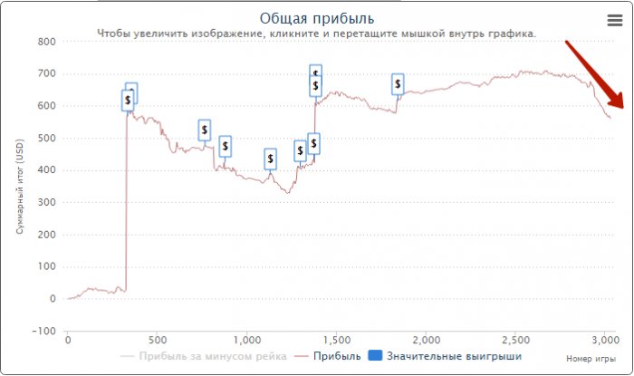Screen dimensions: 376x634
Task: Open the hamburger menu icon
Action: pos(614,20)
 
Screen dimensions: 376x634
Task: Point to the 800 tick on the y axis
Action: pos(45,42)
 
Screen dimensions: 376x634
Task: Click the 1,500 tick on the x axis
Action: pos(336,340)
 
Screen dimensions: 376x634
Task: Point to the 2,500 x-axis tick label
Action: pos(514,340)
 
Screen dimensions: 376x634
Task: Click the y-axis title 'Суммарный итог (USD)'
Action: pos(19,186)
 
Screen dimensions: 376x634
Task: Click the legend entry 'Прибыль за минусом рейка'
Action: pos(213,356)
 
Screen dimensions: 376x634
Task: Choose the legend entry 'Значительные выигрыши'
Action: pos(454,356)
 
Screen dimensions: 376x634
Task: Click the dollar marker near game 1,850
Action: pos(398,84)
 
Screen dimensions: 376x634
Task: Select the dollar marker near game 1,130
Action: pos(270,159)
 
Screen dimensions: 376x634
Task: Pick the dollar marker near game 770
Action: pos(205,130)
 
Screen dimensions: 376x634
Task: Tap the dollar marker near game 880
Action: pos(225,146)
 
